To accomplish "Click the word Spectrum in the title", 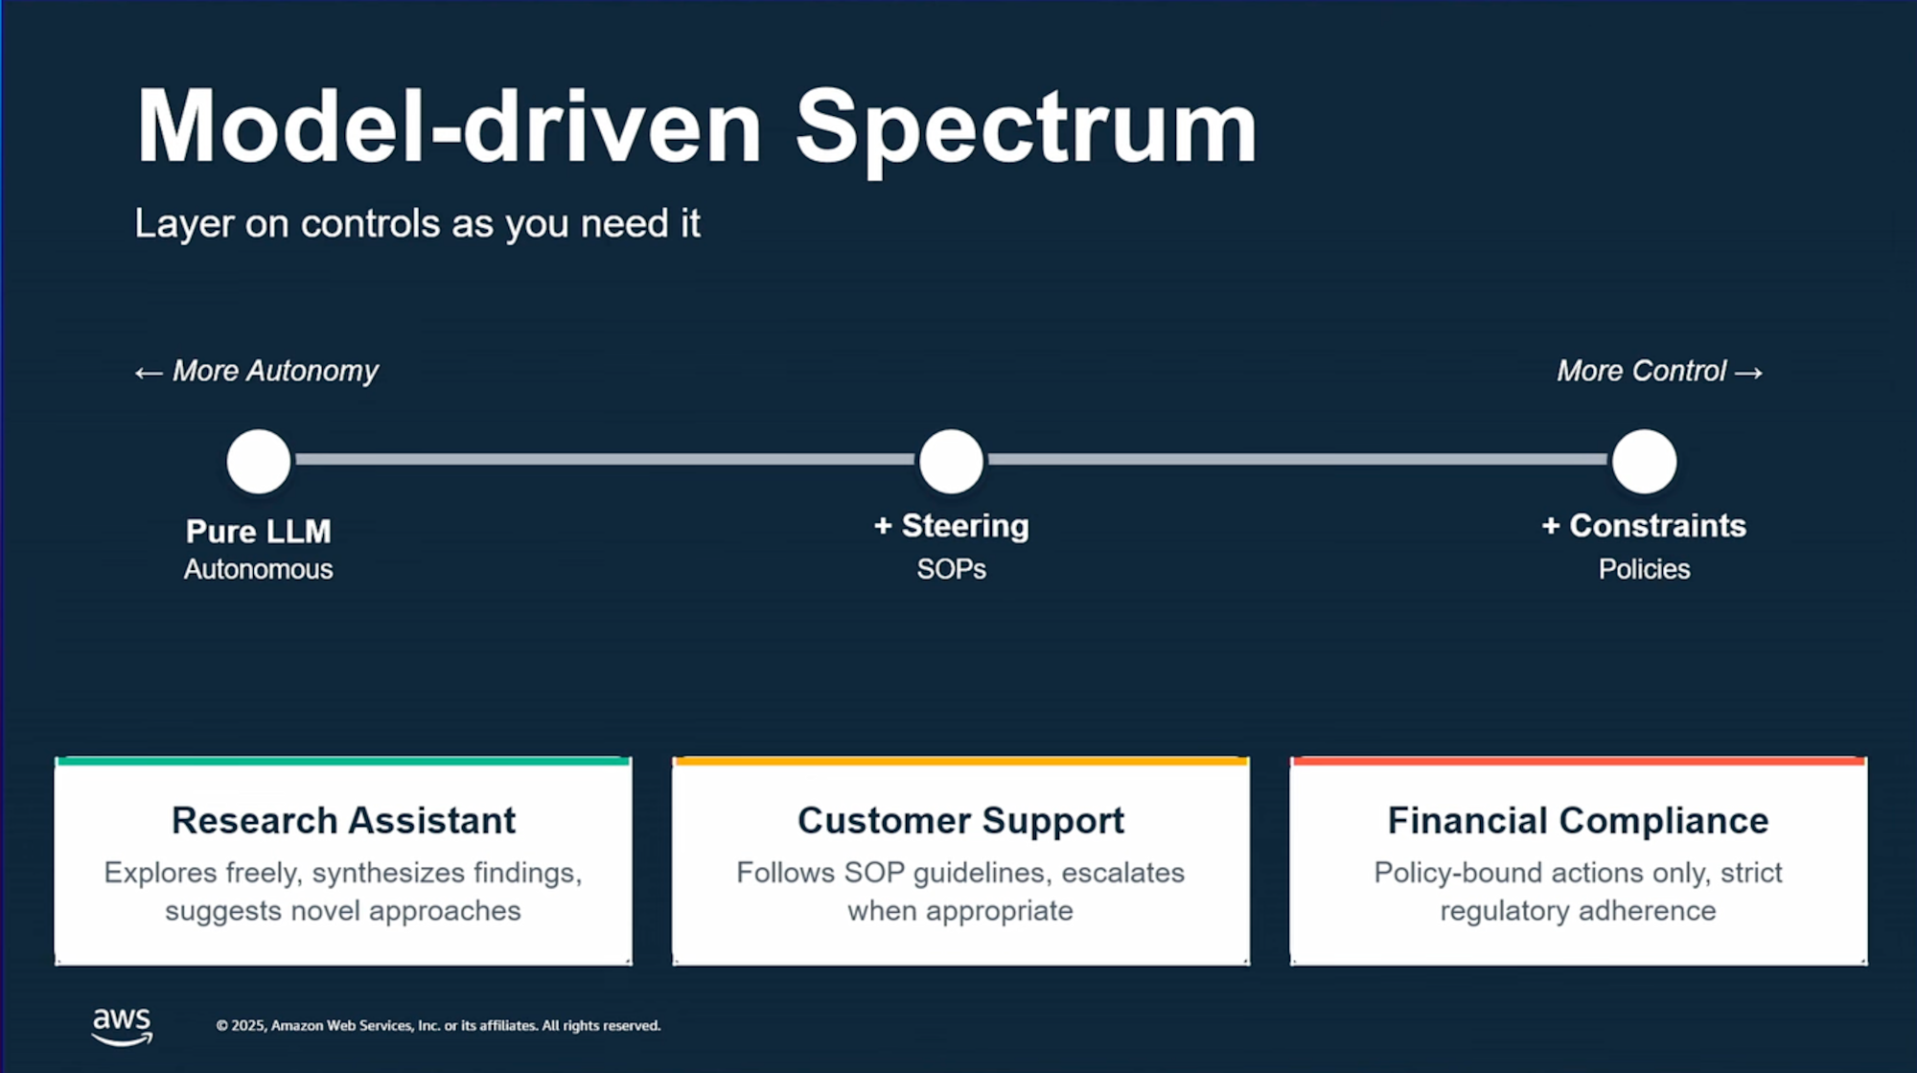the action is click(1026, 129).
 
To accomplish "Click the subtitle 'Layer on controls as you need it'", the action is click(417, 223).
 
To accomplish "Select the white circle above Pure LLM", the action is click(259, 462).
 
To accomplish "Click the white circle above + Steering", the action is click(951, 462).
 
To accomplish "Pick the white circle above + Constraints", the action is click(1644, 462).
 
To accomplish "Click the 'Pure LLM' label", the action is click(259, 531).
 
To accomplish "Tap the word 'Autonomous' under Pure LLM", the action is click(259, 569).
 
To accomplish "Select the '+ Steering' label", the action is click(951, 526).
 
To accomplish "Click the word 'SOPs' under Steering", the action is click(951, 569).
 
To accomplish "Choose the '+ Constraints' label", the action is click(1644, 526).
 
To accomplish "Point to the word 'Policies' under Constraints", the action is click(1644, 569).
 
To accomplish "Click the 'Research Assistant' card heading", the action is click(343, 820).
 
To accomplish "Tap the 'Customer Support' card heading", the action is click(960, 821).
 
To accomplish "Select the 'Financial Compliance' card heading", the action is click(1578, 821).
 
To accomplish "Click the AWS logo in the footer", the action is click(122, 1026).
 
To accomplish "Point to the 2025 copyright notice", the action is click(438, 1025).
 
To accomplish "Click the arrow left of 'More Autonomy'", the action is click(149, 373).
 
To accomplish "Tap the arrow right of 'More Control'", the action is click(1748, 373).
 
